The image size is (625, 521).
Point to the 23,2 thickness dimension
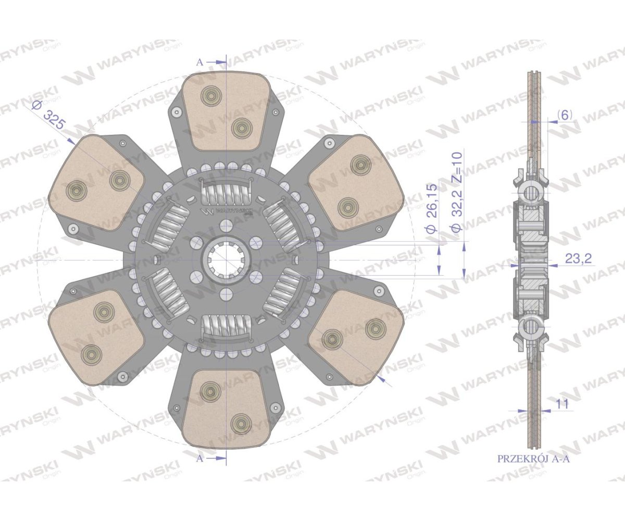pyautogui.click(x=578, y=258)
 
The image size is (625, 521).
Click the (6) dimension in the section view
pyautogui.click(x=565, y=115)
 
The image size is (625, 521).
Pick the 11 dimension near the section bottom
pyautogui.click(x=562, y=404)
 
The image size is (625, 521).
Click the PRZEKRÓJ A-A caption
pyautogui.click(x=533, y=467)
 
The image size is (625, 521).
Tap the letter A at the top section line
pyautogui.click(x=199, y=63)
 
